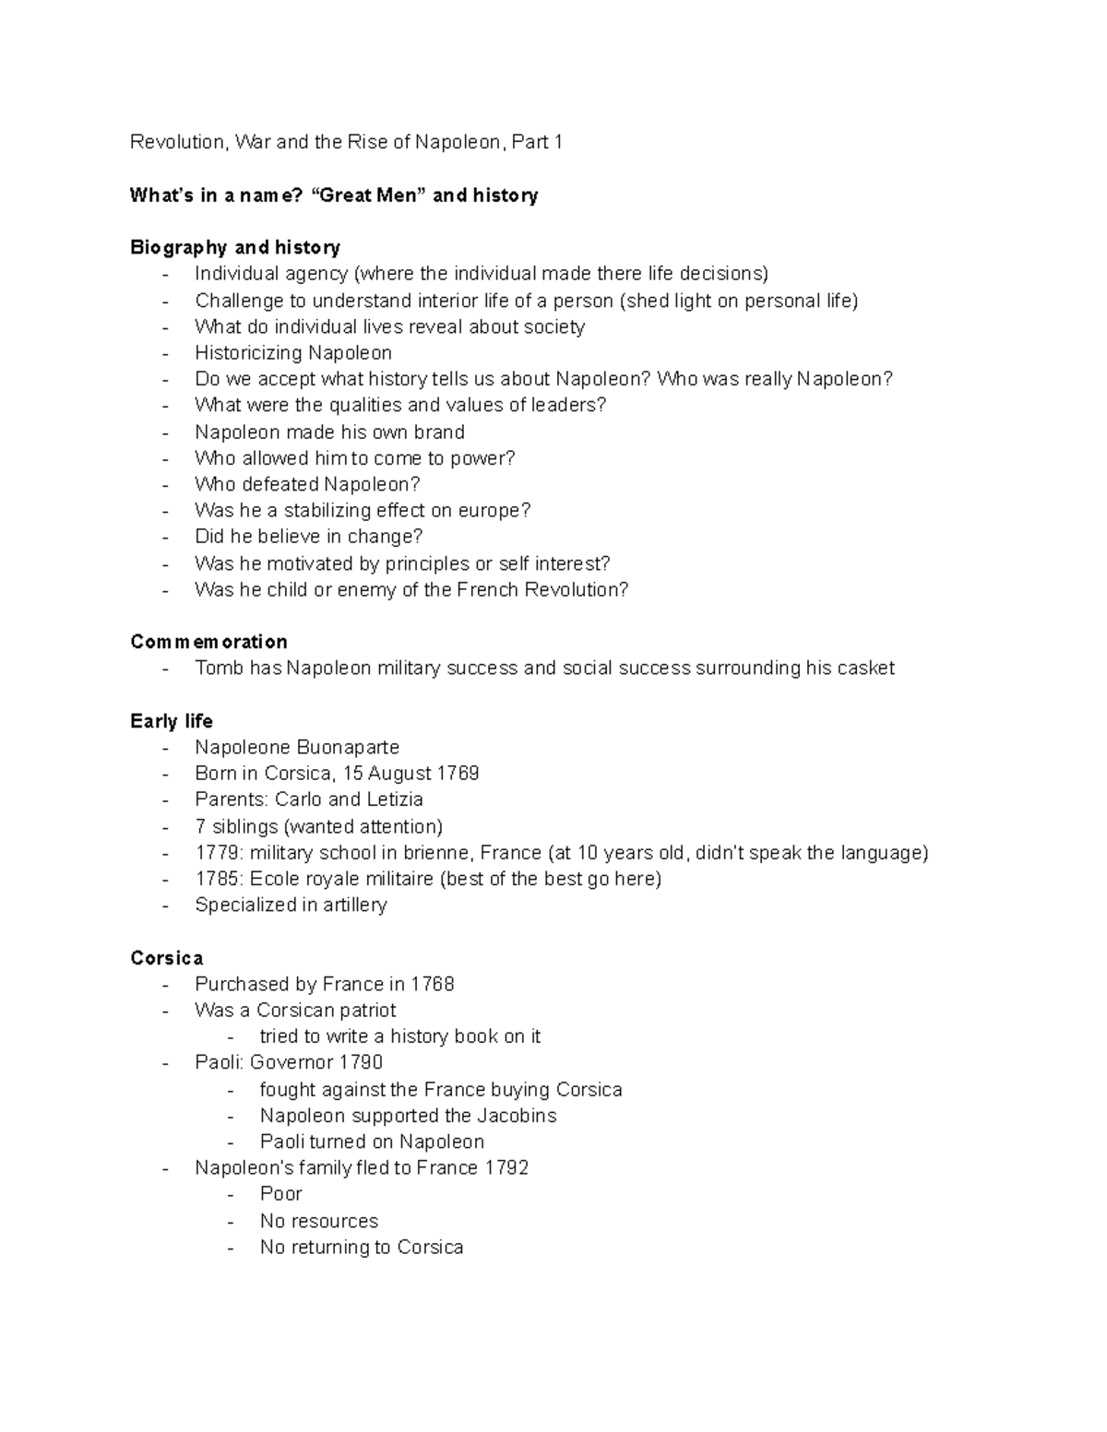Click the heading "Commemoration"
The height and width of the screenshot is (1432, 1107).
tap(208, 642)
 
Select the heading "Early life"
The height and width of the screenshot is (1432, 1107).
tap(172, 721)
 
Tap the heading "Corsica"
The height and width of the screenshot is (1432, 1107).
tap(167, 958)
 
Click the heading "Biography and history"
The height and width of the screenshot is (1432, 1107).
tap(235, 247)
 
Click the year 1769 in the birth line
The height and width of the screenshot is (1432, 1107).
tap(458, 774)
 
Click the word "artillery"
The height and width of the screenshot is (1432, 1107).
tap(355, 905)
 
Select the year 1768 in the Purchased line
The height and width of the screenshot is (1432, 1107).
tap(433, 985)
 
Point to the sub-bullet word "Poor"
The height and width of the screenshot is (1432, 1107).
tap(280, 1194)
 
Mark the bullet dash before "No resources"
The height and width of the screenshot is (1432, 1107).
tap(231, 1222)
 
